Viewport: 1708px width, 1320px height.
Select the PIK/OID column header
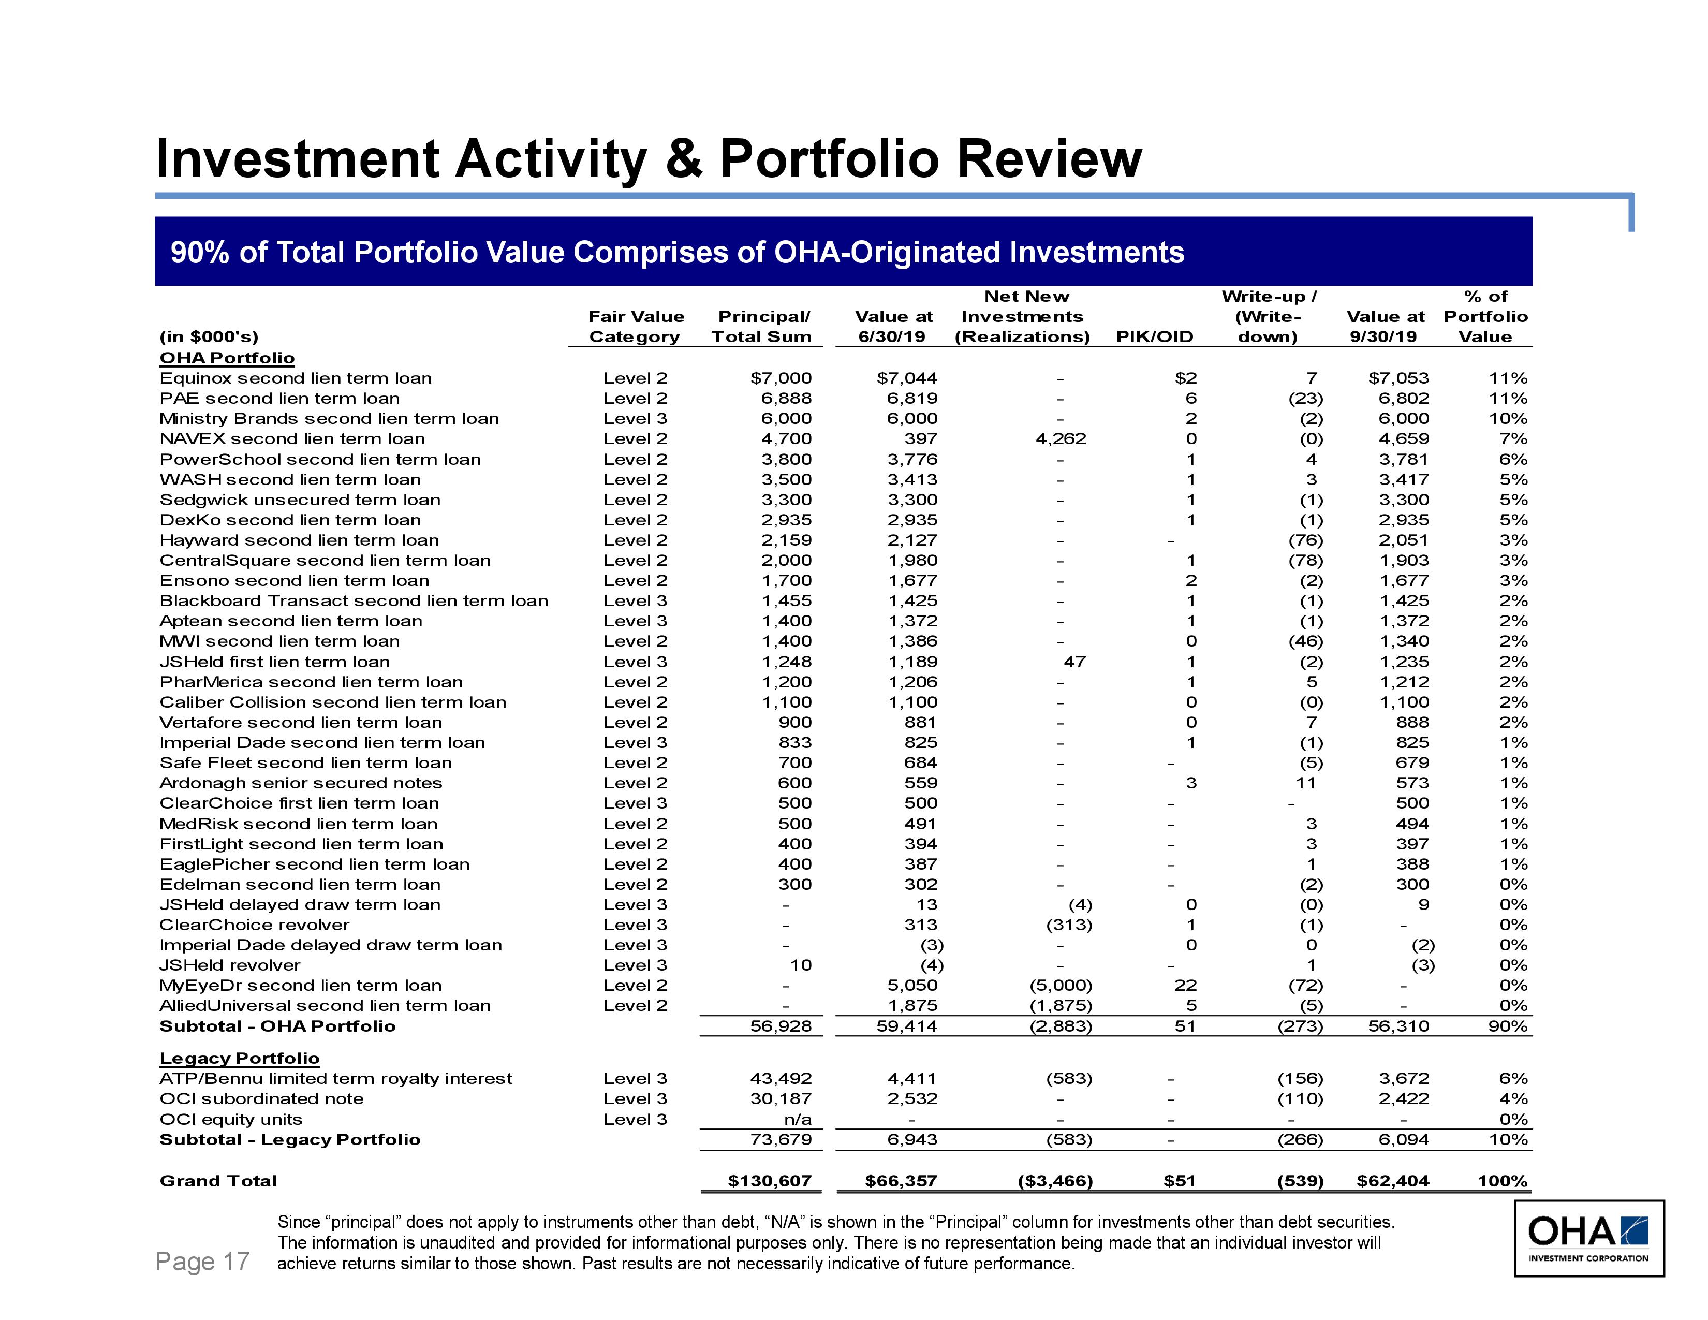[1154, 337]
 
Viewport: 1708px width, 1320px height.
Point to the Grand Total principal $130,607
[770, 1181]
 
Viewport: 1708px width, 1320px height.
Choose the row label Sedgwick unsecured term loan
[300, 500]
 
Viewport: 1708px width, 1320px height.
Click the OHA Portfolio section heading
[227, 358]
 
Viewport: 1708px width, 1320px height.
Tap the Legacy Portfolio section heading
[239, 1058]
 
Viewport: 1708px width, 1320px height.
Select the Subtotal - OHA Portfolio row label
[277, 1026]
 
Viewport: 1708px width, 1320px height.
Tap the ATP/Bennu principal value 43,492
[781, 1078]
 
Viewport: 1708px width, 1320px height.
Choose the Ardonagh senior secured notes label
[301, 783]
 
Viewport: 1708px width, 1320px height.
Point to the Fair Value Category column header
[636, 327]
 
